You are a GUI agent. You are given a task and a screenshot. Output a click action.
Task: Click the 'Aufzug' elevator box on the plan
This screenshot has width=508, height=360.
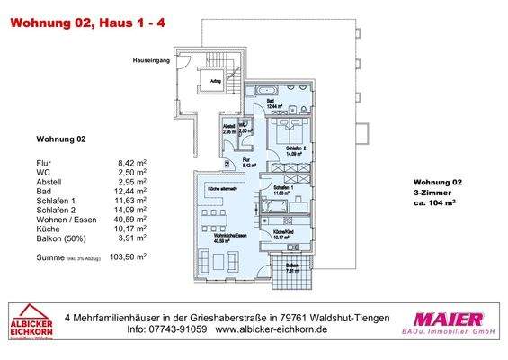216,80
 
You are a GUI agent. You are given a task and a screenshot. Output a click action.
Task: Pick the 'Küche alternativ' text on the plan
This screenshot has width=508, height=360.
222,187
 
